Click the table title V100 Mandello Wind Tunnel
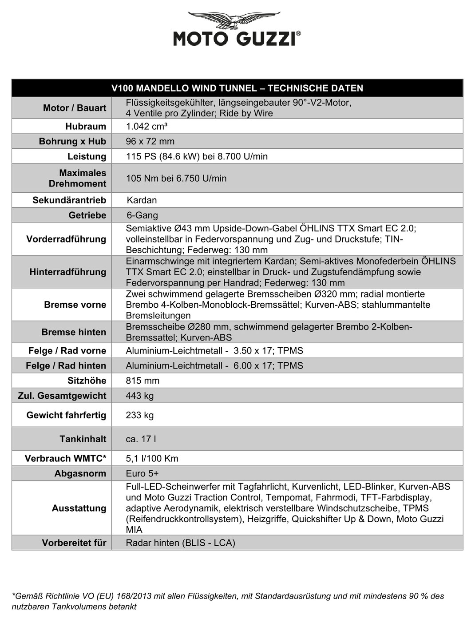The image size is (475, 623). pos(237,88)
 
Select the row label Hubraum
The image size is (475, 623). pos(86,127)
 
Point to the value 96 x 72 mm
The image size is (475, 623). pos(150,142)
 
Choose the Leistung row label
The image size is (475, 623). pos(87,157)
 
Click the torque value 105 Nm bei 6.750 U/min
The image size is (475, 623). pos(176,179)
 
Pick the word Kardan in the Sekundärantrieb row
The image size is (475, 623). pos(142,200)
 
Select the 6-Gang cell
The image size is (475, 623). pos(142,215)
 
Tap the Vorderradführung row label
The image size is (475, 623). pos(66,239)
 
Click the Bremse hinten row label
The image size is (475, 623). pos(74,332)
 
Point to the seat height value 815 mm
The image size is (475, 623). pos(142,381)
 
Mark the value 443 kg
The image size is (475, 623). pos(140,396)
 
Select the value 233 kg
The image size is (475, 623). pos(140,415)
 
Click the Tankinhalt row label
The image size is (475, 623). pos(83,439)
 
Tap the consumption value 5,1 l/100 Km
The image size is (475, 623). pos(152,459)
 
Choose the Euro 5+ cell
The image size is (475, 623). pos(142,473)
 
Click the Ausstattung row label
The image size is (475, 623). pos(79,508)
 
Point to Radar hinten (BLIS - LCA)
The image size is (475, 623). pos(180,543)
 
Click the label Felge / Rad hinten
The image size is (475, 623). pos(66,366)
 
